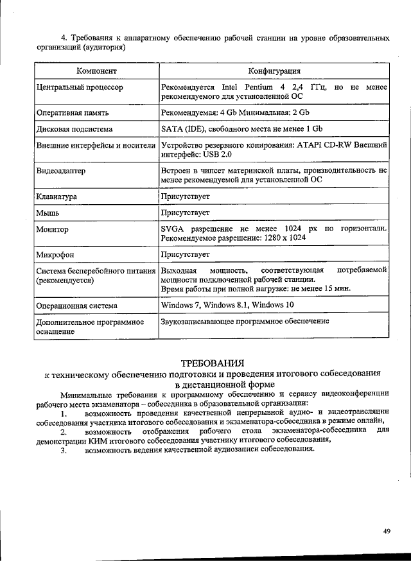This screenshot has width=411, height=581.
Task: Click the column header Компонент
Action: point(96,70)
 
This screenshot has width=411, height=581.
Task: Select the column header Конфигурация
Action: point(275,70)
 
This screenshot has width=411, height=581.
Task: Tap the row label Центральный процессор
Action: point(80,87)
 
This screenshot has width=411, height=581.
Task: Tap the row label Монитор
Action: point(53,229)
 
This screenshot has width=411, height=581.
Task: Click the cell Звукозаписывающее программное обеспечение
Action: point(245,321)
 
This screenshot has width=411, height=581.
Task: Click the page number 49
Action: point(387,531)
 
